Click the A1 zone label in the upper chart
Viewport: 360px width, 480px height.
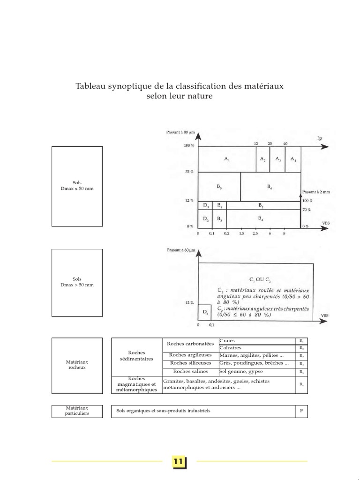[x=227, y=159]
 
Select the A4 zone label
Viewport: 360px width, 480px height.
[x=293, y=159]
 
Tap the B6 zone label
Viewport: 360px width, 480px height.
[x=270, y=187]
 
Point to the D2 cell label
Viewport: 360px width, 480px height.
[x=205, y=219]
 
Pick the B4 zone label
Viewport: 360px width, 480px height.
[x=261, y=219]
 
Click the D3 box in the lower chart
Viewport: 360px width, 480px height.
[x=205, y=313]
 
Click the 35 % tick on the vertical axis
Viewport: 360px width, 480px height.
[x=189, y=172]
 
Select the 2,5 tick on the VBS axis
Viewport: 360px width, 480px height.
[x=255, y=233]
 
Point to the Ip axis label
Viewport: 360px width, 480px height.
[x=320, y=138]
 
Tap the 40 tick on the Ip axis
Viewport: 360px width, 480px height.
[x=285, y=143]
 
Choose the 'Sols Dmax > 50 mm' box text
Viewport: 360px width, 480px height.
[x=77, y=282]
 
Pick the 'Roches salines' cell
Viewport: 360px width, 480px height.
[x=190, y=371]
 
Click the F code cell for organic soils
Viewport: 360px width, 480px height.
[x=301, y=411]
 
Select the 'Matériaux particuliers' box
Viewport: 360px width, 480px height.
[x=77, y=411]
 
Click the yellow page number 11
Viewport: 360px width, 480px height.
[x=179, y=462]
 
